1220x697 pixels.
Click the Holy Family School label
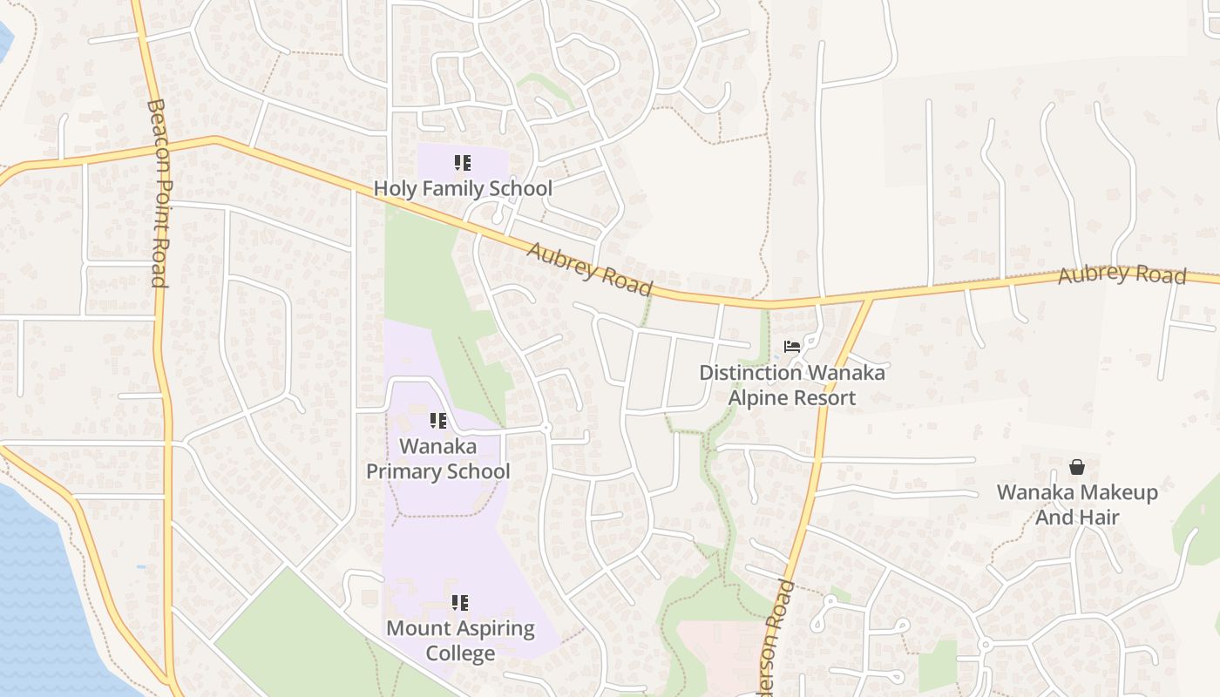click(x=463, y=188)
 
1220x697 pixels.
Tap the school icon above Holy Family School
click(x=463, y=163)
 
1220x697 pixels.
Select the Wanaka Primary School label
click(x=437, y=459)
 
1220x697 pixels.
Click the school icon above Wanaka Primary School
click(x=438, y=422)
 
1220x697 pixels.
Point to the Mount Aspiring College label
click(x=460, y=640)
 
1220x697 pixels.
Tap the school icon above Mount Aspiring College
click(x=460, y=603)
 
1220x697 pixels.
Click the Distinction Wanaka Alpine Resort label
click(x=792, y=385)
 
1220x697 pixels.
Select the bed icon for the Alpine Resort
click(x=791, y=347)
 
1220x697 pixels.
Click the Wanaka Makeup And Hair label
click(x=1077, y=504)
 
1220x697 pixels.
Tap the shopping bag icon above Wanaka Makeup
click(x=1077, y=467)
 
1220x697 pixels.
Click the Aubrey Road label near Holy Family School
click(x=590, y=268)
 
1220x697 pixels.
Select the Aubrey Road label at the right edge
click(x=1122, y=274)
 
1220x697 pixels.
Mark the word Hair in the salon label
click(x=1101, y=518)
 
